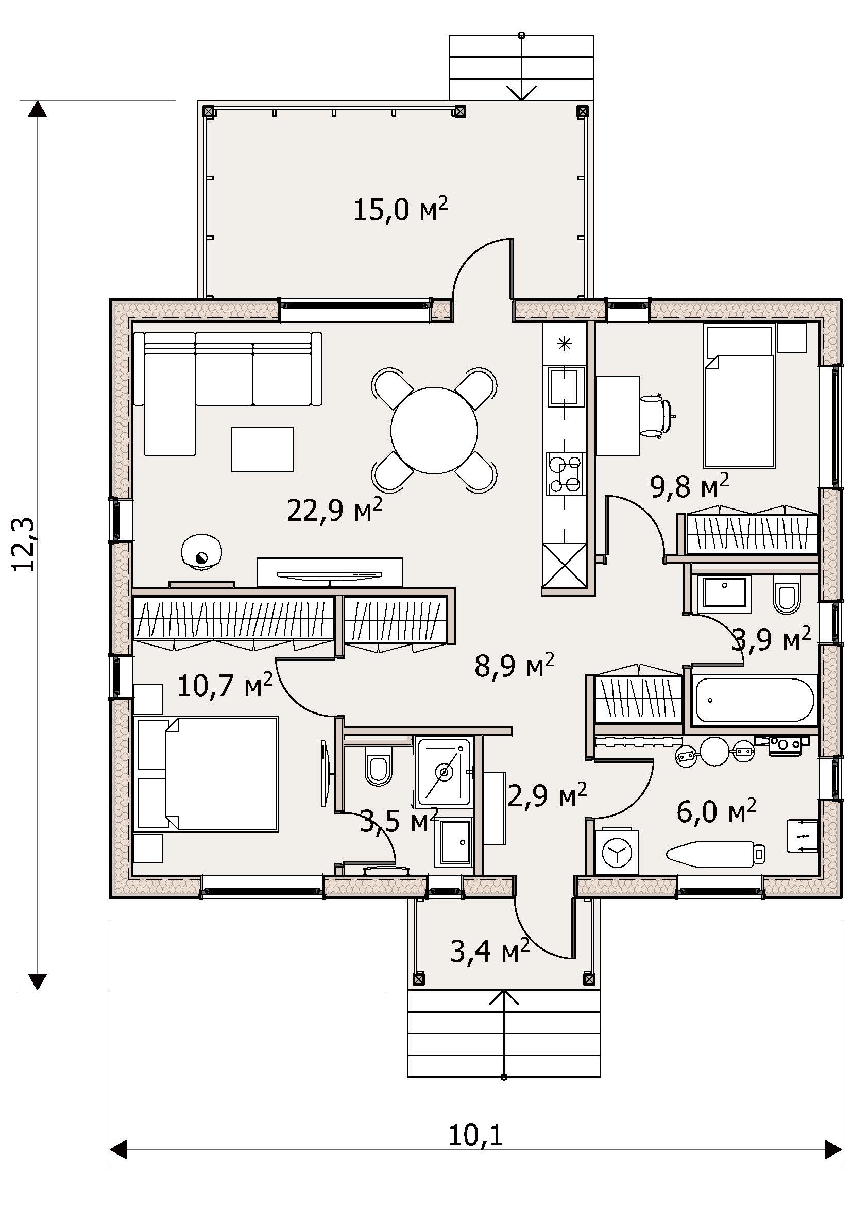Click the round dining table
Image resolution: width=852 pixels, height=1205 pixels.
(434, 430)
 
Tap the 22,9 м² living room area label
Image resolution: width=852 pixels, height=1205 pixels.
(335, 510)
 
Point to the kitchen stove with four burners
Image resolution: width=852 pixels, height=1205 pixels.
(565, 474)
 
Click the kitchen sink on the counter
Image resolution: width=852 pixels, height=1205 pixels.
(566, 386)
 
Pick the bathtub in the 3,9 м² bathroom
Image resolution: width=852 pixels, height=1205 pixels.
(755, 701)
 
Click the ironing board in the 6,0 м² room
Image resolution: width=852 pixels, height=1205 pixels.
(715, 853)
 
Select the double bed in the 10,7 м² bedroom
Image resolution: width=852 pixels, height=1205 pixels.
(207, 774)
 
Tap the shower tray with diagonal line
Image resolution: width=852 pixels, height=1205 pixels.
(445, 772)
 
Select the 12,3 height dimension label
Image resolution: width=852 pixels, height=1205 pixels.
(24, 544)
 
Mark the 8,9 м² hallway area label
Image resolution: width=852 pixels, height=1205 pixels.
(514, 666)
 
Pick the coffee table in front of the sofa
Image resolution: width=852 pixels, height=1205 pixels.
(262, 449)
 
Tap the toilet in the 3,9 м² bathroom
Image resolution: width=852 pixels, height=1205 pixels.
(787, 596)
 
